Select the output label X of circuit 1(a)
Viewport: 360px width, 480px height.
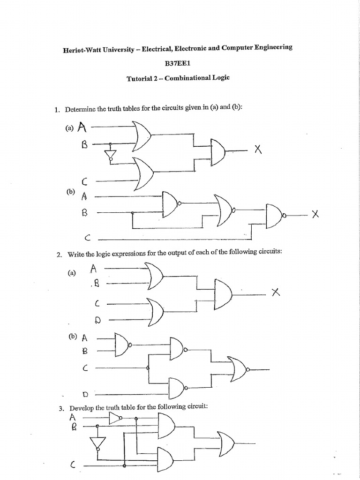[257, 150]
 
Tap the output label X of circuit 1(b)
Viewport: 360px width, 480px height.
[315, 214]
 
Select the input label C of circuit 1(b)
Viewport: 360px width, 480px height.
[87, 239]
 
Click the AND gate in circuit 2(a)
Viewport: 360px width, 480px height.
[225, 294]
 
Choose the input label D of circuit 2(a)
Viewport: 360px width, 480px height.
[97, 320]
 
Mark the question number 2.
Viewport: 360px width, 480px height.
[59, 255]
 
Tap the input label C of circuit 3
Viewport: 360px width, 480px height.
[73, 465]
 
